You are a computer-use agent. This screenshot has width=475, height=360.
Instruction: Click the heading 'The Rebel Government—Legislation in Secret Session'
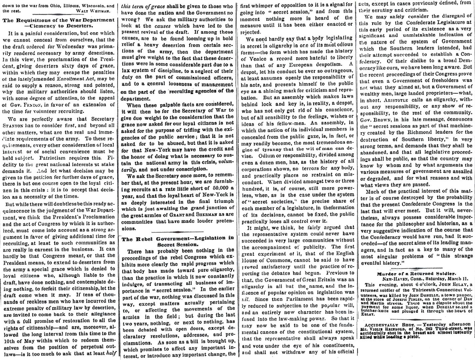click(x=178, y=232)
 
